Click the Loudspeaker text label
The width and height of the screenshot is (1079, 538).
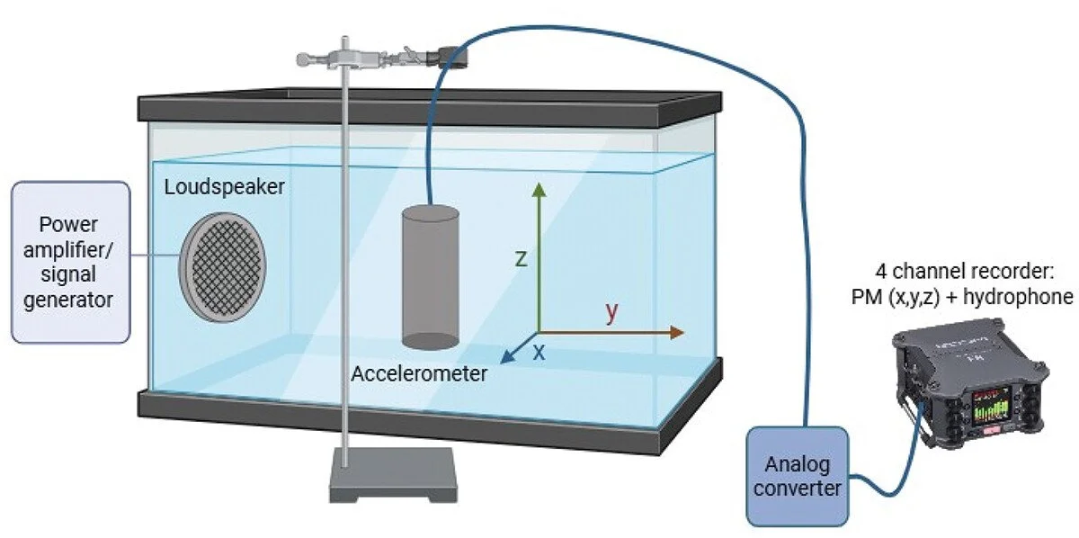point(225,187)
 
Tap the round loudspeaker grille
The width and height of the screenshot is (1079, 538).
point(223,267)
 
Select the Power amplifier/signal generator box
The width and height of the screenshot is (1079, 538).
point(71,262)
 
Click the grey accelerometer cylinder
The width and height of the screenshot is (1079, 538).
point(430,277)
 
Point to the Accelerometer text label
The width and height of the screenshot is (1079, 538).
point(419,374)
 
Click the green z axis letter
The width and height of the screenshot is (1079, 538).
point(521,259)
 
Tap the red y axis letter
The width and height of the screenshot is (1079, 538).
point(611,311)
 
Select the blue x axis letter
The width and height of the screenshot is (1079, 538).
point(539,353)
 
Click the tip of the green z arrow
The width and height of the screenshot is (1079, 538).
point(539,184)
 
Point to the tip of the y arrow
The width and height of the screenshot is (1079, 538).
point(684,332)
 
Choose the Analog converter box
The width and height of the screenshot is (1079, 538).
point(798,476)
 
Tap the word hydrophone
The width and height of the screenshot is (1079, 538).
point(1018,297)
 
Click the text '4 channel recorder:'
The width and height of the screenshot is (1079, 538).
point(965,272)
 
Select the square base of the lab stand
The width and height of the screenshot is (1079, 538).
point(393,475)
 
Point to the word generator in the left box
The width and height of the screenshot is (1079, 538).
point(68,300)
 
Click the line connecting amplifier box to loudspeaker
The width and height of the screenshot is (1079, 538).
point(155,255)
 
